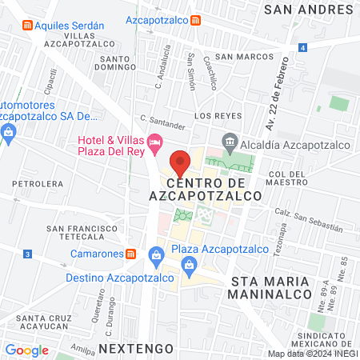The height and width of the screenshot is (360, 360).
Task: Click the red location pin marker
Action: coord(181,162)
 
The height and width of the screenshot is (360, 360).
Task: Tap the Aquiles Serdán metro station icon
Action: coord(29,25)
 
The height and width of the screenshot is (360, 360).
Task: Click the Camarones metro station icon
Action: coord(132,254)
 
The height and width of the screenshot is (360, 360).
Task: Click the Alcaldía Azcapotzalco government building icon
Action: coord(230,142)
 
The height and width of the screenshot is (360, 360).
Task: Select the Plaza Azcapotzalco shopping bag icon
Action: coord(156,256)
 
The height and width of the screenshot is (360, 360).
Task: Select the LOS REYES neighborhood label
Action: coord(214,115)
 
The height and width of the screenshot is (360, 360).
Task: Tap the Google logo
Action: coord(26,350)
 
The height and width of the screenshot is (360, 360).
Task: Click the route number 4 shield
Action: coord(303,48)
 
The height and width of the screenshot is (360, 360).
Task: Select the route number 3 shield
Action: coord(27,254)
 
